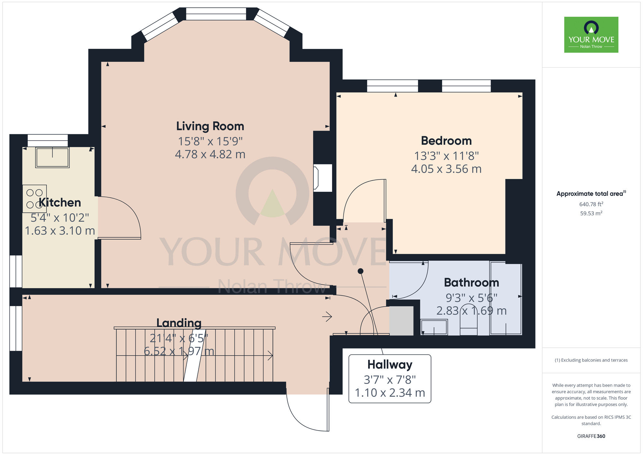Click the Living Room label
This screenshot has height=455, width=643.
coord(210,126)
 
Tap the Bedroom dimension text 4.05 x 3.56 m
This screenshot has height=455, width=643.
coord(446,169)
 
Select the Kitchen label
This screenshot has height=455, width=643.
coord(60,202)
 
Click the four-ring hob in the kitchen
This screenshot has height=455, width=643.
coord(34,199)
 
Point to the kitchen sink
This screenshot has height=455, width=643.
coord(52,157)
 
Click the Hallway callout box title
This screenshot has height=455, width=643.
coord(390,365)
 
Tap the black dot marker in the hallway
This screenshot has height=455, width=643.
coord(360,271)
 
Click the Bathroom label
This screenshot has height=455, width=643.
coord(471,283)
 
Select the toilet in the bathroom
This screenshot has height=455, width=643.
coord(468,325)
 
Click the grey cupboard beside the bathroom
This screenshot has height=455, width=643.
coord(401,321)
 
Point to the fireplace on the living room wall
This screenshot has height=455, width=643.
coord(322,178)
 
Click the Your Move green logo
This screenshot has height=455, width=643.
coord(591,35)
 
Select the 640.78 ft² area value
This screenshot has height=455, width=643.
coord(591,204)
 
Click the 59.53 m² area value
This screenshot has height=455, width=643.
coord(591,213)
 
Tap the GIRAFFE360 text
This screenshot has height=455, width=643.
coord(591,436)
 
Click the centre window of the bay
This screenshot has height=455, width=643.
coord(216,14)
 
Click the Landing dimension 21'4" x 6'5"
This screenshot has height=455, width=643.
coord(179,338)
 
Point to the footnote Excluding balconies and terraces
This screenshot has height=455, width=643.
coord(591,360)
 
